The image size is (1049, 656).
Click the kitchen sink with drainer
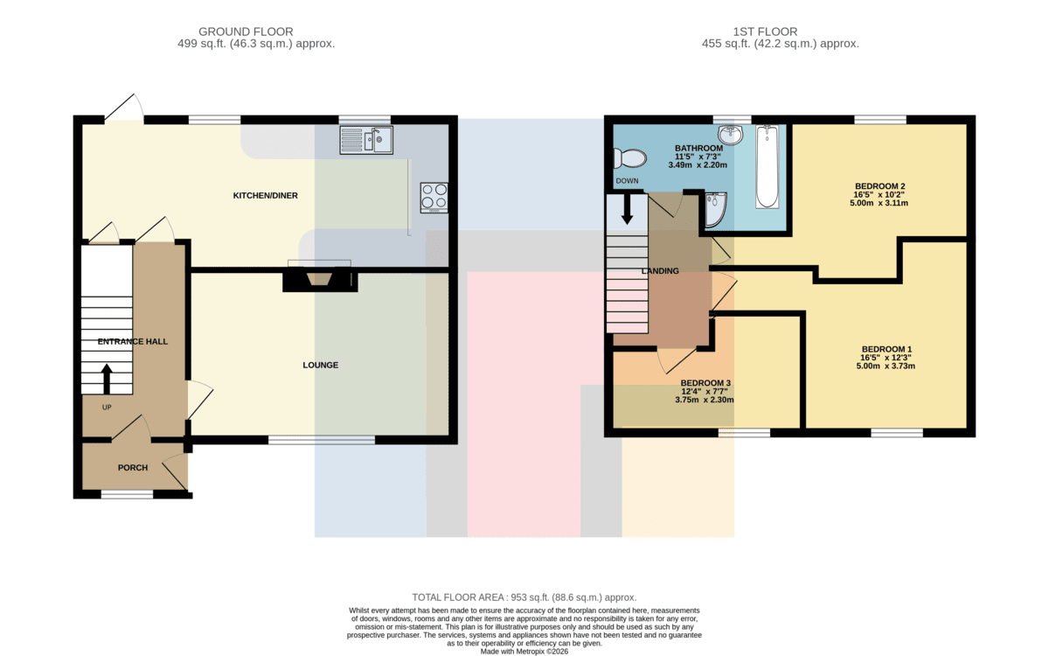pos(366,140)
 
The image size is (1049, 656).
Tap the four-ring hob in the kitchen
pos(434,198)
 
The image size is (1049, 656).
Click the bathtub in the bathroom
pos(768,166)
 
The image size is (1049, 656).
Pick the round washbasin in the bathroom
pos(731,135)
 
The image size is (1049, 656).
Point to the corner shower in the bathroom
pos(716,210)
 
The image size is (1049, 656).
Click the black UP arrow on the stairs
pos(107,379)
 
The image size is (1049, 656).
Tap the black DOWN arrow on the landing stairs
pos(627,208)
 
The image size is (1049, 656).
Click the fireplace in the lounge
pos(320,281)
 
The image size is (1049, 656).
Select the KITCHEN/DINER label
pos(266,195)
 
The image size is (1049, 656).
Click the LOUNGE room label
pos(320,365)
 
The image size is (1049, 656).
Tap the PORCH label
pos(133,468)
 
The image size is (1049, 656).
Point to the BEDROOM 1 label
pos(886,349)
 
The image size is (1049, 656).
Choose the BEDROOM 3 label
pos(705,383)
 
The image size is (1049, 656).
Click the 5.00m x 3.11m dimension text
pos(879,203)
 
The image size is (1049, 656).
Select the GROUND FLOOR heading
pos(246,31)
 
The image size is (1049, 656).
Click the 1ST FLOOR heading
pos(765,31)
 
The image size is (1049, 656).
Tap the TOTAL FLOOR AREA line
pos(524,597)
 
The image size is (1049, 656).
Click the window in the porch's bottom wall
pos(128,494)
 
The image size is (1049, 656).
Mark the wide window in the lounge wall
pos(322,440)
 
